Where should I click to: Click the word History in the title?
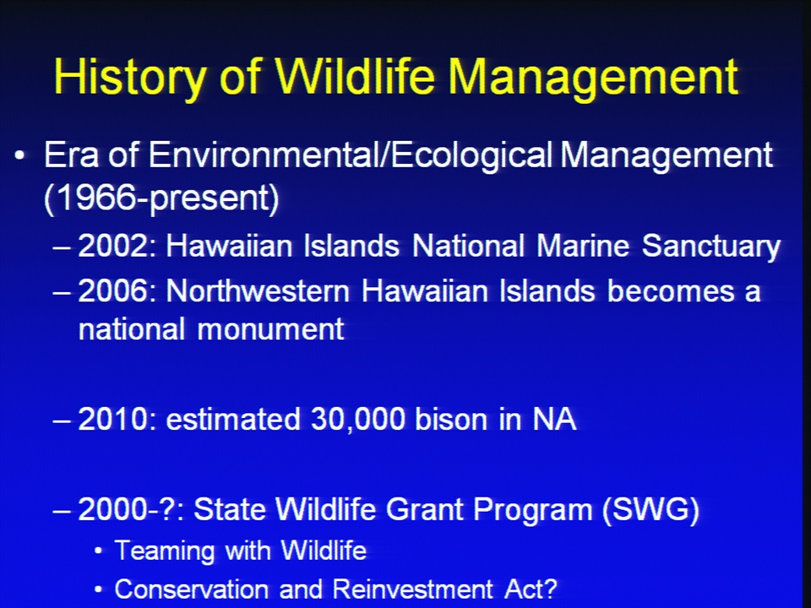[x=130, y=78]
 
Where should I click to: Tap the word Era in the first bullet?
[x=71, y=155]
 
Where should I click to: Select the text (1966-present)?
[x=161, y=198]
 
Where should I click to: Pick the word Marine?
[x=583, y=246]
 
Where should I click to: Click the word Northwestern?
[x=258, y=291]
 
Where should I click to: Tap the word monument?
[x=270, y=329]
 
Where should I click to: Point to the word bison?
[x=451, y=419]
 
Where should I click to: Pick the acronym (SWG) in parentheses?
[x=650, y=510]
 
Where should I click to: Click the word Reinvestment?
[x=413, y=589]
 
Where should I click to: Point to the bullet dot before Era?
[x=19, y=155]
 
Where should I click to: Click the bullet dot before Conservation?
[x=99, y=589]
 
